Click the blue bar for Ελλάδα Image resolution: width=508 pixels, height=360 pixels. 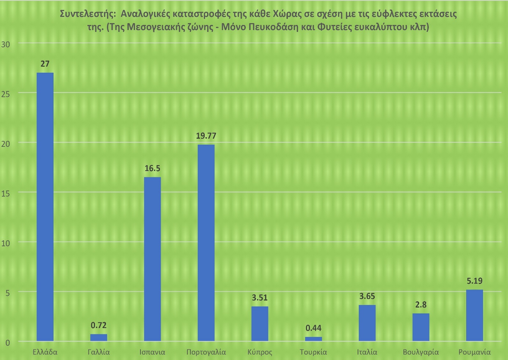45,207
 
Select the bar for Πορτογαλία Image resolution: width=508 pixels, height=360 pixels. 206,243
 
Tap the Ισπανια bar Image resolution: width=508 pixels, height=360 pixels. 153,259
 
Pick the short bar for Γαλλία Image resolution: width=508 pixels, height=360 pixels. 99,337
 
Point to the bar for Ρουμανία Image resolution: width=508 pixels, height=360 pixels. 474,315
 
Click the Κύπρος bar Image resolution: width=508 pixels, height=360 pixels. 260,323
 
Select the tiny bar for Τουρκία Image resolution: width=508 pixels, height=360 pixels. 313,339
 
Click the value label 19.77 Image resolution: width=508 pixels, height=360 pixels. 206,136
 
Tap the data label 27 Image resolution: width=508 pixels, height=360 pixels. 45,64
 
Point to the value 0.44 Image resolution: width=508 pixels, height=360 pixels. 313,328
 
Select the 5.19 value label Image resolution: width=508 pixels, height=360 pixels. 474,281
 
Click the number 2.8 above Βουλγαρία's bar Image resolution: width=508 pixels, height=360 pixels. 421,305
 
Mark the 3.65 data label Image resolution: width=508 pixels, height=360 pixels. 367,296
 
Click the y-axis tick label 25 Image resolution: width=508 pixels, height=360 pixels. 6,94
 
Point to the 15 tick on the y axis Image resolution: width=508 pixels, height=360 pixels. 6,193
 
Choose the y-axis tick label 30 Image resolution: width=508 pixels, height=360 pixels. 6,44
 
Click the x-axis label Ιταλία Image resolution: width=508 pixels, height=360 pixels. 367,352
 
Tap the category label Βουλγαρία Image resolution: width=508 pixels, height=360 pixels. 421,352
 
